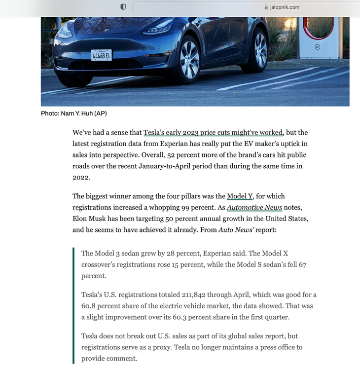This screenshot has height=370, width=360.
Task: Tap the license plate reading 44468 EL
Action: pos(101,55)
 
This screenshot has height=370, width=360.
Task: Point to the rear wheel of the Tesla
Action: pos(260,49)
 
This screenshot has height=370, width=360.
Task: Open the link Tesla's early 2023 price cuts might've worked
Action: pos(213,133)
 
